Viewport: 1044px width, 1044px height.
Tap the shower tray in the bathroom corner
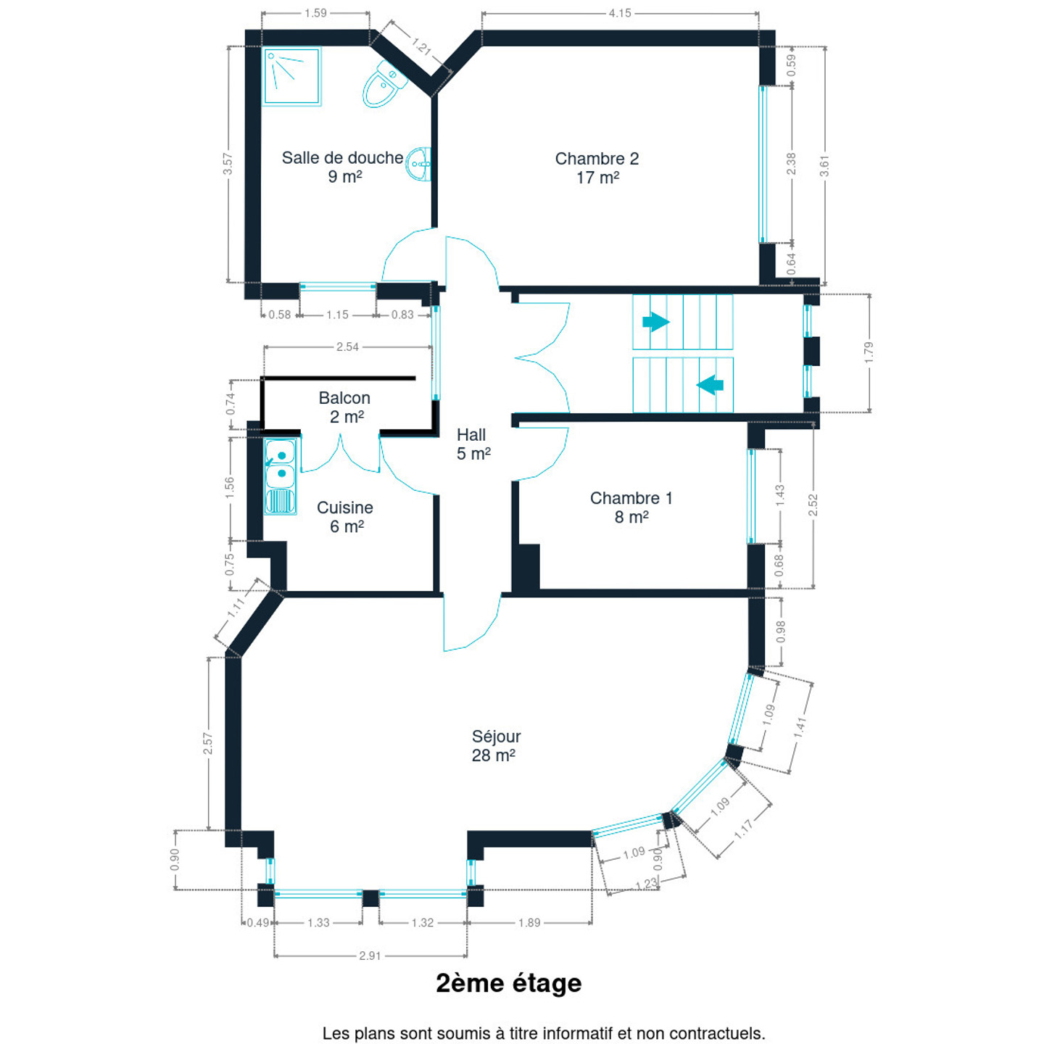pos(292,77)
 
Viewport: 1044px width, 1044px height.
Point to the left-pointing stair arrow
pos(710,384)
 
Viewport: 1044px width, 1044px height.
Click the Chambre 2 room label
pos(597,167)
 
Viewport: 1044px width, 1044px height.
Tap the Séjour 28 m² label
pos(495,745)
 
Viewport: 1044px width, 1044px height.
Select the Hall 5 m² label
pos(473,444)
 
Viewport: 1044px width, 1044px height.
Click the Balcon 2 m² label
pos(345,407)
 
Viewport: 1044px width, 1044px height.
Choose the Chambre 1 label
pos(631,507)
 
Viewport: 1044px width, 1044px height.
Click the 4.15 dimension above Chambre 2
pos(620,13)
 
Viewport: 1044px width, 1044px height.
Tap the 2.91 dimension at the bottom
pos(370,956)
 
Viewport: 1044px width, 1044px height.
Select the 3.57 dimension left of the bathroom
pos(228,164)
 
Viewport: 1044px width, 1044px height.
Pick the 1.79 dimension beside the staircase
pos(869,352)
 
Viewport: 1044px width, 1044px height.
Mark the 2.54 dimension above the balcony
pos(347,347)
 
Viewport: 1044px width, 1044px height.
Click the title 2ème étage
pos(508,983)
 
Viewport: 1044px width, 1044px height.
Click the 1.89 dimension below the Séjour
pos(529,922)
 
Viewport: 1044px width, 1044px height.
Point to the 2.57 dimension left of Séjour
pos(208,743)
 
